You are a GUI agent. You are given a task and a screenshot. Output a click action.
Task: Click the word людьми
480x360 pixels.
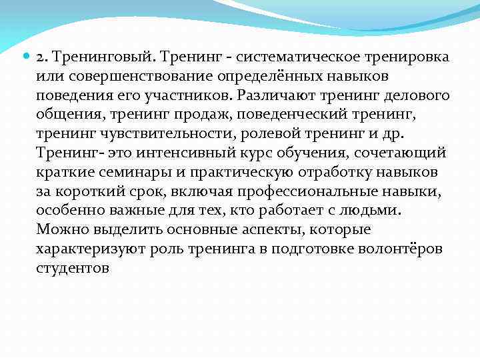pos(376,211)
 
